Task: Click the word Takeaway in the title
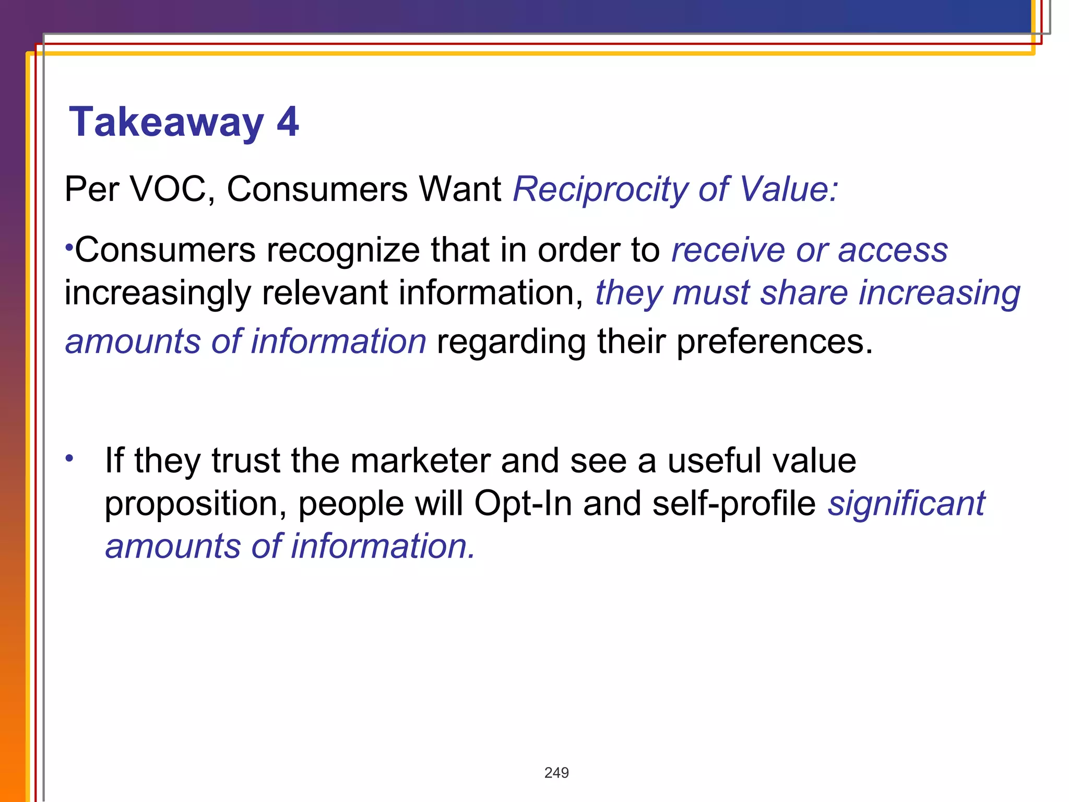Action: click(166, 123)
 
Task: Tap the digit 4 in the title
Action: click(288, 122)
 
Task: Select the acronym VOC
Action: click(172, 189)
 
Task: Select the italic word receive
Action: click(728, 250)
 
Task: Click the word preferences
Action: click(774, 342)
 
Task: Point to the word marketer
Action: click(420, 461)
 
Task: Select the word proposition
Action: click(195, 504)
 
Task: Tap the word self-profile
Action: click(734, 504)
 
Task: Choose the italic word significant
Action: click(906, 504)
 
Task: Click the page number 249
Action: click(556, 773)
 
